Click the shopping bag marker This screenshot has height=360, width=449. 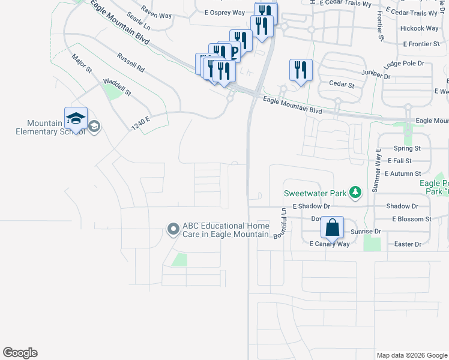click(332, 228)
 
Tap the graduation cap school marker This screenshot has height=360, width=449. click(76, 119)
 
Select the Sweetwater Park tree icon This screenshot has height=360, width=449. click(357, 193)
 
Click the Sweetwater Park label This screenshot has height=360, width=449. click(316, 193)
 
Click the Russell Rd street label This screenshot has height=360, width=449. click(131, 63)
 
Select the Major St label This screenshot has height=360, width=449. click(81, 65)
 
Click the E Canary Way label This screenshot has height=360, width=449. click(329, 244)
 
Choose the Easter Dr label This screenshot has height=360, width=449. click(409, 244)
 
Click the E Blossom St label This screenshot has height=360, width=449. click(411, 220)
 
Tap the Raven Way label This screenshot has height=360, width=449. click(156, 10)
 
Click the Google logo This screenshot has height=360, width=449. click(20, 353)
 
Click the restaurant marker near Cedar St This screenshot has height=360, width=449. click(300, 70)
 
